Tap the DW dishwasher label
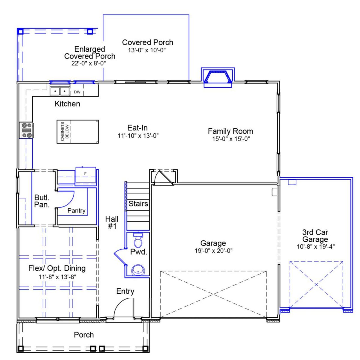[77, 92]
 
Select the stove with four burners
[26, 130]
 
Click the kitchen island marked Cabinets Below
[78, 132]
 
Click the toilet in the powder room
[138, 240]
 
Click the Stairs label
[138, 204]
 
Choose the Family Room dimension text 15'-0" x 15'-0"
[231, 139]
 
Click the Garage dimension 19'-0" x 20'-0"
[213, 251]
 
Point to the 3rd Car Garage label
[315, 236]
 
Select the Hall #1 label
[112, 222]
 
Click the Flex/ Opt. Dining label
[57, 268]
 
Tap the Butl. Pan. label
[42, 201]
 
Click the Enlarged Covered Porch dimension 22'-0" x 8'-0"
[89, 63]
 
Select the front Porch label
[84, 335]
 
